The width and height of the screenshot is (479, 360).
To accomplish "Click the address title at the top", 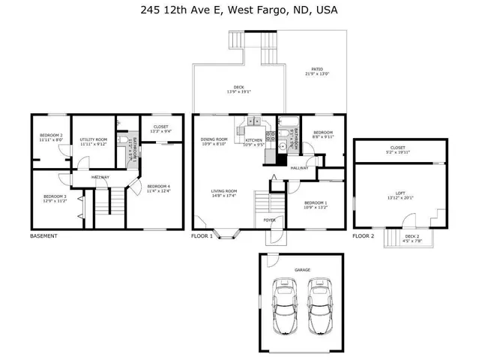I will point(239,10).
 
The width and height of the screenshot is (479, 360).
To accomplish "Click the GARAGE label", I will point(302,269).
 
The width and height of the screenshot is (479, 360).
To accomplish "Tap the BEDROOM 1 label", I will point(316,202).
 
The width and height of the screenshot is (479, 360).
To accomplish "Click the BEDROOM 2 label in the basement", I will point(50,135).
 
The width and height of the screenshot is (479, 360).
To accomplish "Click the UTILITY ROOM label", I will point(94,139).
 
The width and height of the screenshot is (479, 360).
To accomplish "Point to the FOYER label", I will point(269,220).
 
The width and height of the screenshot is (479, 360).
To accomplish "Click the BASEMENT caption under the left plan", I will point(43,236).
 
